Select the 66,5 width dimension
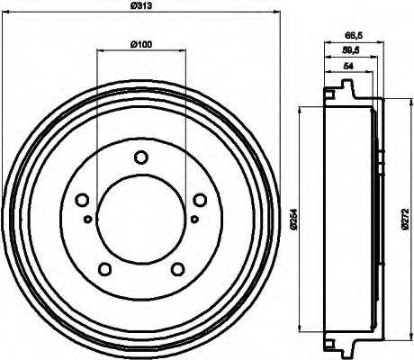[x=354, y=36]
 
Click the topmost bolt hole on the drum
[x=140, y=158]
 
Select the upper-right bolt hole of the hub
[x=197, y=200]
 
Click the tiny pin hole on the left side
[x=86, y=218]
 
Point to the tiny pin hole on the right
[x=194, y=218]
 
